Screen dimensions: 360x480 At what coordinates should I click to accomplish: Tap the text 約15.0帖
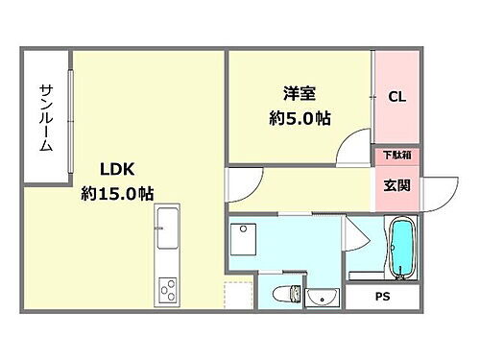click(x=117, y=193)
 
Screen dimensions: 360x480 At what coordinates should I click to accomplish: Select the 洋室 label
click(x=299, y=93)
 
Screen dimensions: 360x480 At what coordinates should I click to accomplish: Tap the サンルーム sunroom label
click(x=45, y=116)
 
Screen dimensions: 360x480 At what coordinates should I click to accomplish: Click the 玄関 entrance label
click(x=397, y=184)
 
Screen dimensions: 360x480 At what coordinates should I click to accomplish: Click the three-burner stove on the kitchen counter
click(x=168, y=288)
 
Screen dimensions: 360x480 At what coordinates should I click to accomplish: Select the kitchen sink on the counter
click(x=168, y=227)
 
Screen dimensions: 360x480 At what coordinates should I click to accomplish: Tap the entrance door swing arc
click(x=437, y=191)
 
